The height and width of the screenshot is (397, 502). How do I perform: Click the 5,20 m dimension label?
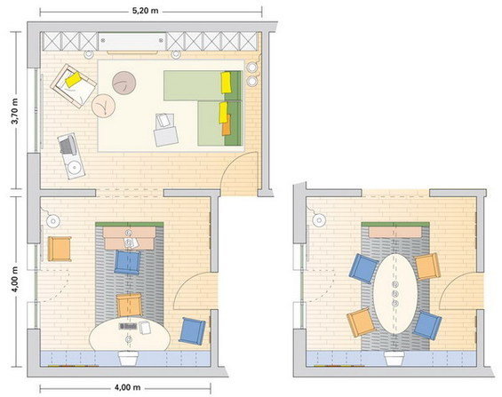tap(146, 11)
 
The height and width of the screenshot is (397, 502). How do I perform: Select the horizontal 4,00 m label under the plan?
tap(127, 387)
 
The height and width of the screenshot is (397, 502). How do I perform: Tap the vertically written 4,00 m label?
tap(15, 279)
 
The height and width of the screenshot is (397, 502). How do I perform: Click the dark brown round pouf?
tap(124, 83)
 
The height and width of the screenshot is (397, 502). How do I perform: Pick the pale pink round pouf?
tap(103, 106)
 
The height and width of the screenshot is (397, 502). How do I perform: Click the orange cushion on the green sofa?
tap(226, 124)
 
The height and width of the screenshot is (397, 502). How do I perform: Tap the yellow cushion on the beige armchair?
tap(74, 79)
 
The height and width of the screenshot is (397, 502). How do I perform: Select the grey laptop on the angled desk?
tap(67, 145)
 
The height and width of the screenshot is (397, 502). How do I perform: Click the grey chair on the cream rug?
tap(165, 131)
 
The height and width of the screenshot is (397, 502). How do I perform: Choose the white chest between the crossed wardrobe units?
tap(131, 41)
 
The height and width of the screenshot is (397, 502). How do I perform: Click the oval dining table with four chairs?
tap(395, 294)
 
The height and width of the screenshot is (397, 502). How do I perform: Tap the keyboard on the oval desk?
tap(128, 326)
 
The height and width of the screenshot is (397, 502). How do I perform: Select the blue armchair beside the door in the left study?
tap(192, 331)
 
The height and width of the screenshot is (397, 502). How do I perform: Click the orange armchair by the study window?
tap(60, 249)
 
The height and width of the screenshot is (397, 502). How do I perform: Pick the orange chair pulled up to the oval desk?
tap(129, 306)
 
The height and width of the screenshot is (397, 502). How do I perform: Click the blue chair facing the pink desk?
tap(127, 262)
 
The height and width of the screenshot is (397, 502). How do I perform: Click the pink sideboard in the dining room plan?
tap(395, 232)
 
